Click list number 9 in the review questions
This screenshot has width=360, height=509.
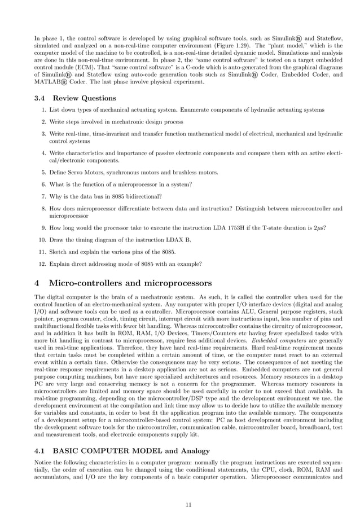[x=42, y=227]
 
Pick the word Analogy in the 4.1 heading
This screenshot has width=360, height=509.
[x=191, y=450]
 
